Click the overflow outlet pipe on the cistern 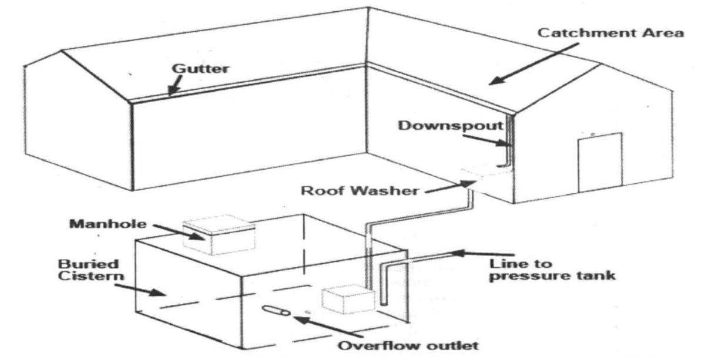click(276, 311)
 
